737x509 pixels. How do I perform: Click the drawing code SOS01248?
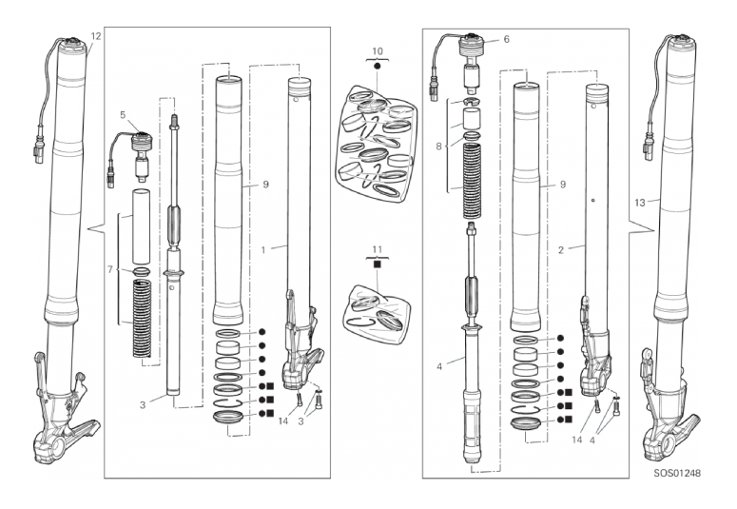[677, 473]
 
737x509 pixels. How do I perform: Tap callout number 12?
[95, 36]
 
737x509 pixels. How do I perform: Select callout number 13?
[640, 203]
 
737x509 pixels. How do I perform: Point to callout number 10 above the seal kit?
[378, 51]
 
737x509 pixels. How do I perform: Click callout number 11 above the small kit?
[377, 250]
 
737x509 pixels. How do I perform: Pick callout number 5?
[123, 115]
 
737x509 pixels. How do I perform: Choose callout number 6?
[506, 39]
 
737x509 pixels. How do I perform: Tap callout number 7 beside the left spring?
[110, 269]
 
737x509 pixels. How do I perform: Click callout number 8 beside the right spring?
[438, 147]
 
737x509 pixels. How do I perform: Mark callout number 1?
[263, 250]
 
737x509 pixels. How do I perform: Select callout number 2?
[561, 250]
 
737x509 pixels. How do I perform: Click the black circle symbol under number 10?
[377, 67]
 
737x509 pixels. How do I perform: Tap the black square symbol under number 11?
[377, 264]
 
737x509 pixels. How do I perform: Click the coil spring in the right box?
[473, 181]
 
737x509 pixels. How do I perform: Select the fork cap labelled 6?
[472, 60]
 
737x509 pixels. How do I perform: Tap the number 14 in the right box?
[576, 440]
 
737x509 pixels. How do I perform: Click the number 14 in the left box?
[283, 421]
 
